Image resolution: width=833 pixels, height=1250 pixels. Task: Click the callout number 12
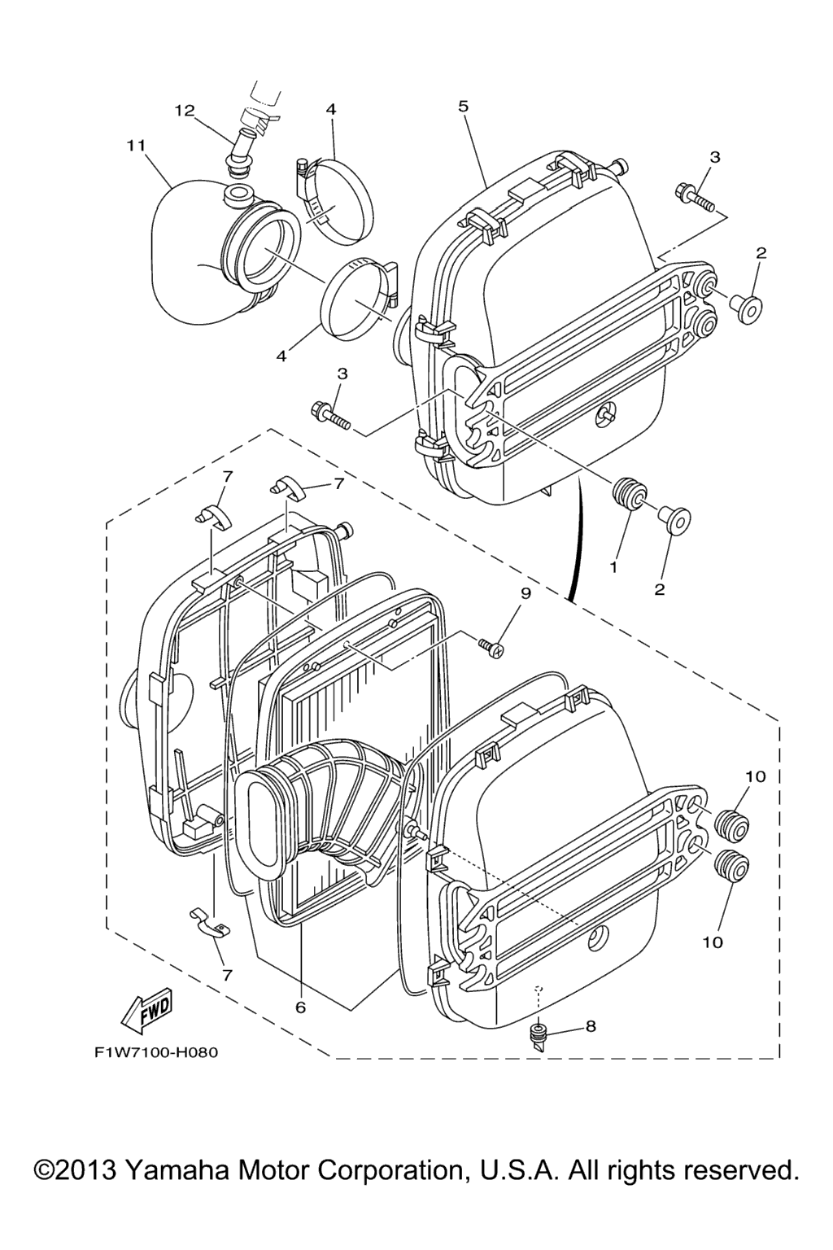click(185, 111)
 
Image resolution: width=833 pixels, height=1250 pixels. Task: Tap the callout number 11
click(136, 146)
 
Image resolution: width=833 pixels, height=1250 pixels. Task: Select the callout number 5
click(464, 106)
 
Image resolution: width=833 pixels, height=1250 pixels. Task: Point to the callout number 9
click(524, 594)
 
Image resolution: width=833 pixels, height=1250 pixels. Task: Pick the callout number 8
click(591, 1025)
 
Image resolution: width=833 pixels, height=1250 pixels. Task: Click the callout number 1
click(613, 567)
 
